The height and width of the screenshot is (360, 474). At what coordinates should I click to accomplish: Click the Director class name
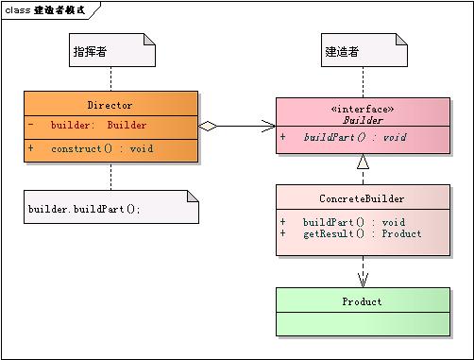pyautogui.click(x=110, y=105)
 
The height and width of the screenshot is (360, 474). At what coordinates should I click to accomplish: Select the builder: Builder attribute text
pyautogui.click(x=98, y=125)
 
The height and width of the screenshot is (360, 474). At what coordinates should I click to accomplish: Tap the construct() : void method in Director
pyautogui.click(x=101, y=149)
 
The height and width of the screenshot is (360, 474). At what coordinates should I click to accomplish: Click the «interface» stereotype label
pyautogui.click(x=362, y=110)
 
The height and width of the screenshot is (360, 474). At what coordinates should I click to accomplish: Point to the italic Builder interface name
pyautogui.click(x=362, y=121)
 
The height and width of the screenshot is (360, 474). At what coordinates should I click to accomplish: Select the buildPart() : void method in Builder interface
pyautogui.click(x=354, y=137)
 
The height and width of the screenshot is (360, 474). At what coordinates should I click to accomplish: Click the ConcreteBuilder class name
pyautogui.click(x=363, y=199)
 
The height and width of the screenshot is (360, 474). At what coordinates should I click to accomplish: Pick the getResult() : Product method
pyautogui.click(x=362, y=233)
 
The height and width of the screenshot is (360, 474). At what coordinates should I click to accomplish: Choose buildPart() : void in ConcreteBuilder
pyautogui.click(x=354, y=222)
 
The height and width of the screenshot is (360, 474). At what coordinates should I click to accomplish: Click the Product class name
pyautogui.click(x=362, y=301)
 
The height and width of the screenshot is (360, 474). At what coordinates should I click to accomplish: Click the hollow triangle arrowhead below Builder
pyautogui.click(x=363, y=163)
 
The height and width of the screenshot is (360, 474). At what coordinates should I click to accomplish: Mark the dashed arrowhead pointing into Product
pyautogui.click(x=363, y=280)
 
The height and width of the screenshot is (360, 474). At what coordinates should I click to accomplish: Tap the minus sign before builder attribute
pyautogui.click(x=31, y=125)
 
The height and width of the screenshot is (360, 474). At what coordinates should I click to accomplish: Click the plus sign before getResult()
pyautogui.click(x=283, y=233)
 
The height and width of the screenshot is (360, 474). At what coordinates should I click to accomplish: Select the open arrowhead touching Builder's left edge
pyautogui.click(x=268, y=125)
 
